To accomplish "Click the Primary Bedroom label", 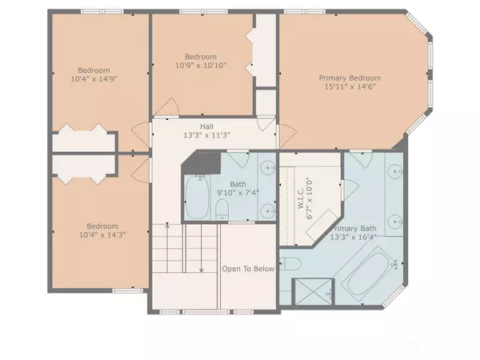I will point(350,78).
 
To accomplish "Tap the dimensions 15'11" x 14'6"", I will point(350,88).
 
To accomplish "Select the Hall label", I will point(206,126).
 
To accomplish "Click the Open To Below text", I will point(248,269).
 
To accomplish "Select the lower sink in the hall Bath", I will point(265,210).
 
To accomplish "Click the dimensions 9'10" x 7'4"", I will point(234,192).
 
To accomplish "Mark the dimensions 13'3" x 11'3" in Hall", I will point(206,135).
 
